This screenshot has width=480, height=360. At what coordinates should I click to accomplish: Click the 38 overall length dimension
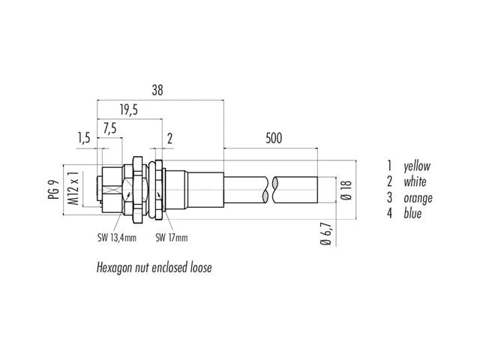point(157,90)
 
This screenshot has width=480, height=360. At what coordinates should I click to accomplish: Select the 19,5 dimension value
point(129,110)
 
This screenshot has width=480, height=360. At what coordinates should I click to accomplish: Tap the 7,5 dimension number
point(109,129)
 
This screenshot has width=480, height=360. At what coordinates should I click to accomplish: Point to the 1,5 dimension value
point(83,138)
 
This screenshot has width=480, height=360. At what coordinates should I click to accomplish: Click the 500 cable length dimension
point(274,138)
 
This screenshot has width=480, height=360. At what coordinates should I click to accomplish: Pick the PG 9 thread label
point(53,190)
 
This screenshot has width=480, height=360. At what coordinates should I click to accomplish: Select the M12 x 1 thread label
point(73,188)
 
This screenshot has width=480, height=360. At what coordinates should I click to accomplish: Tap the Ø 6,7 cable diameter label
point(326,234)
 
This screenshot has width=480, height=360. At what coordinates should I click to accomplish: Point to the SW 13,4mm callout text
point(117,238)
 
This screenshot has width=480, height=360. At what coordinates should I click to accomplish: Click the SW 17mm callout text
point(172,238)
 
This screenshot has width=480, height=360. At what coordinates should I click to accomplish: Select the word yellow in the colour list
point(417,166)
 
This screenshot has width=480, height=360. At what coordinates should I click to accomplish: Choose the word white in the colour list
point(415,181)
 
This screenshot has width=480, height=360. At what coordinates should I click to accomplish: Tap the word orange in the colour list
point(418,198)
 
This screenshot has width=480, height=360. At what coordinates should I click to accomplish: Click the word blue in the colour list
point(412,213)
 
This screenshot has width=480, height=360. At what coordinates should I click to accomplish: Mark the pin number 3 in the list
point(389,198)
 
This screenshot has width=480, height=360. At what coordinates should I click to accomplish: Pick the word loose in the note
point(201,268)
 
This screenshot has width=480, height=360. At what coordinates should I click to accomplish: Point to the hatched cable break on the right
point(275,190)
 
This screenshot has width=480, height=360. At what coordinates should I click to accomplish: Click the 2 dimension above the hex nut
point(169,139)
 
